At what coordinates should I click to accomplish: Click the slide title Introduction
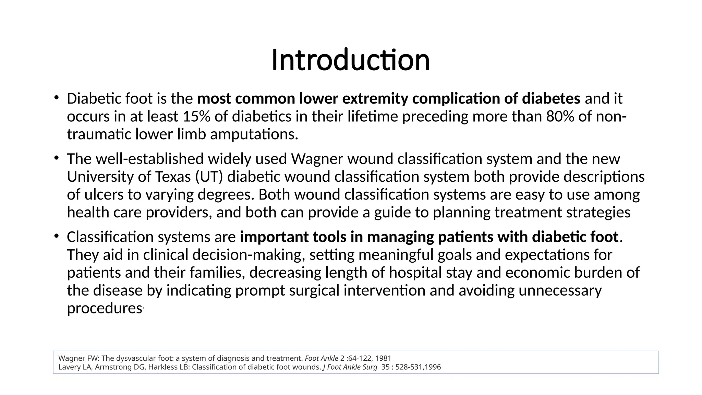(x=350, y=60)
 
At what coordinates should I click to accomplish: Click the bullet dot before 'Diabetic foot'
(x=56, y=97)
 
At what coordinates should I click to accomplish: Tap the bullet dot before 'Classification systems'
(x=56, y=236)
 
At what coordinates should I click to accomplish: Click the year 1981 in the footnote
(x=383, y=358)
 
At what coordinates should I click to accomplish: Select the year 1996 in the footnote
(x=433, y=367)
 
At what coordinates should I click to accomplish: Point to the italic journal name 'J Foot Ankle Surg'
(x=350, y=367)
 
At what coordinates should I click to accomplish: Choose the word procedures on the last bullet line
(x=104, y=308)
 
